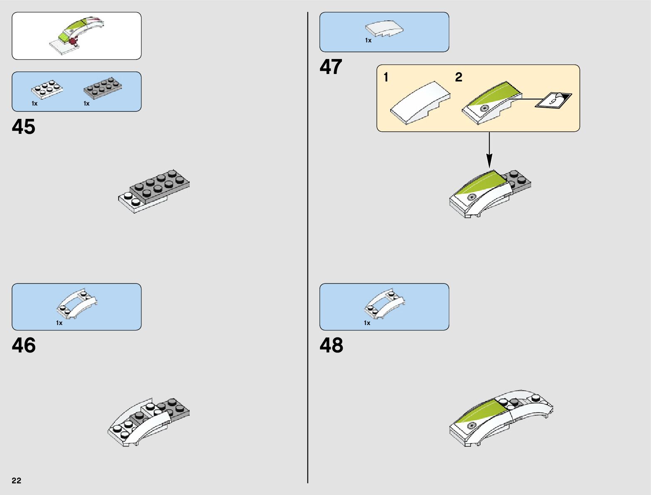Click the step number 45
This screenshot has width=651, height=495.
pyautogui.click(x=24, y=127)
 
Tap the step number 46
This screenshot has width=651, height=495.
pyautogui.click(x=24, y=345)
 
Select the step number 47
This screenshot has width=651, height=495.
pyautogui.click(x=331, y=67)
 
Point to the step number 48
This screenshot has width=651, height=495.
pyautogui.click(x=331, y=345)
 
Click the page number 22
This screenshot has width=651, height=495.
pyautogui.click(x=17, y=480)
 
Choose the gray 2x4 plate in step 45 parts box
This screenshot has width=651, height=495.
pyautogui.click(x=103, y=87)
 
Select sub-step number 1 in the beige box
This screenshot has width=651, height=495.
pyautogui.click(x=386, y=77)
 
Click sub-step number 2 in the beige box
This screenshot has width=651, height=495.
pyautogui.click(x=459, y=77)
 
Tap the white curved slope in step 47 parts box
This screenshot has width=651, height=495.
pyautogui.click(x=384, y=29)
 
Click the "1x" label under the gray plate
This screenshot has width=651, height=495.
pyautogui.click(x=87, y=103)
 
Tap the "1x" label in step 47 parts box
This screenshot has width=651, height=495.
pyautogui.click(x=368, y=40)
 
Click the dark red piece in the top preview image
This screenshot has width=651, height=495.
pyautogui.click(x=74, y=40)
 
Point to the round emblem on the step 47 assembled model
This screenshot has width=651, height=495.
pyautogui.click(x=471, y=197)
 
